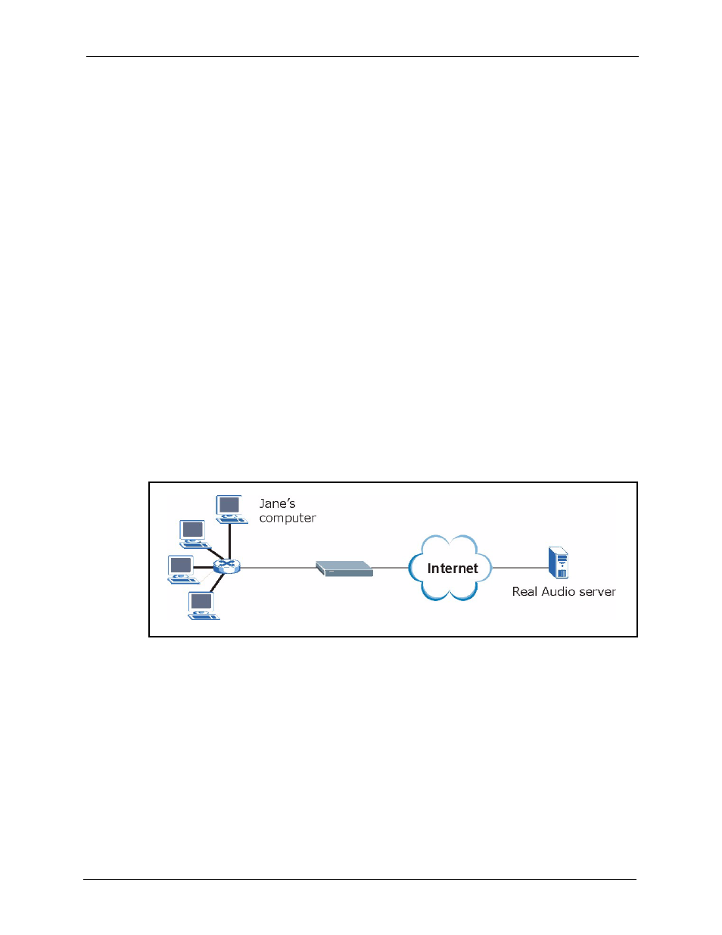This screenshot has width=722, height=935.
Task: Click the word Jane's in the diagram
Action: pos(277,503)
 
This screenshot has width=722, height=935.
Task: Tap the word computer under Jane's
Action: pos(288,518)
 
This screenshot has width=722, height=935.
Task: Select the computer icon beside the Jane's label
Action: pos(230,509)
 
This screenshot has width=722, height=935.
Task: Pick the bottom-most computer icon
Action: pos(202,606)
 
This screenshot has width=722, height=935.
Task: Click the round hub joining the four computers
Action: pos(226,566)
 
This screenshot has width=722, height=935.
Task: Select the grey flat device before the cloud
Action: pos(344,569)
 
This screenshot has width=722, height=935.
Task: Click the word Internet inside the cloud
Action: pos(453,569)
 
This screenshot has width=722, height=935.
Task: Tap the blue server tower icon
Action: pos(559,563)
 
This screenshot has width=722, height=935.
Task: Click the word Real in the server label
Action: pos(524,591)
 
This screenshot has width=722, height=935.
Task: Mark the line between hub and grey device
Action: pos(277,567)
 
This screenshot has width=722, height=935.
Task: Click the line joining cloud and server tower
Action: pos(520,567)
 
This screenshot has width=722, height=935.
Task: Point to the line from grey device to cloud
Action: pos(391,567)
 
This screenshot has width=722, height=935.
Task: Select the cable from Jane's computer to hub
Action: pos(229,541)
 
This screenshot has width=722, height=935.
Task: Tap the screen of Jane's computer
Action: pos(229,505)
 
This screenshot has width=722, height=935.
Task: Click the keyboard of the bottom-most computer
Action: pos(204,617)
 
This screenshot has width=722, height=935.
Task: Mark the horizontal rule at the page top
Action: pos(362,56)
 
